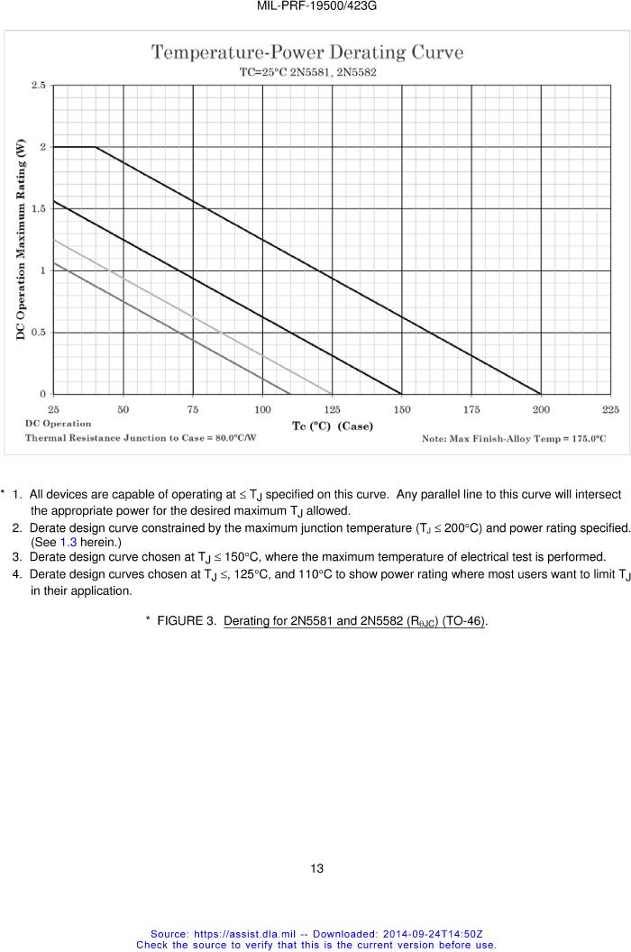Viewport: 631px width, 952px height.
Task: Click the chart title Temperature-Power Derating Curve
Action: [306, 52]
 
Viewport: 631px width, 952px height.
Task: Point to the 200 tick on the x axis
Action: [541, 408]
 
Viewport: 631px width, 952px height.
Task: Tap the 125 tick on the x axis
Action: [332, 408]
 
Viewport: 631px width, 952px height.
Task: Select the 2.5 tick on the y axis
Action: [39, 85]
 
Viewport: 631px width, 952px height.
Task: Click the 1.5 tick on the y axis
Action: [39, 208]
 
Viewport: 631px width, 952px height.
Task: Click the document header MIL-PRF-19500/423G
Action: [316, 6]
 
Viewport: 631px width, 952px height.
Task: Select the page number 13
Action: [316, 868]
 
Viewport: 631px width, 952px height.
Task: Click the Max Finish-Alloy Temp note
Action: [514, 439]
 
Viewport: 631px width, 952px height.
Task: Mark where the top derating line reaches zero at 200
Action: [541, 394]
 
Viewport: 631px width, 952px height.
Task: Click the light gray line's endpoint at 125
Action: [332, 394]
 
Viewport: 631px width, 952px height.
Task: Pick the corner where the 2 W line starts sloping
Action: [96, 147]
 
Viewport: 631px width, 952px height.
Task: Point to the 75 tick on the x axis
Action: [193, 408]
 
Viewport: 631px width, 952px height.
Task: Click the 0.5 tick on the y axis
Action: [39, 333]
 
